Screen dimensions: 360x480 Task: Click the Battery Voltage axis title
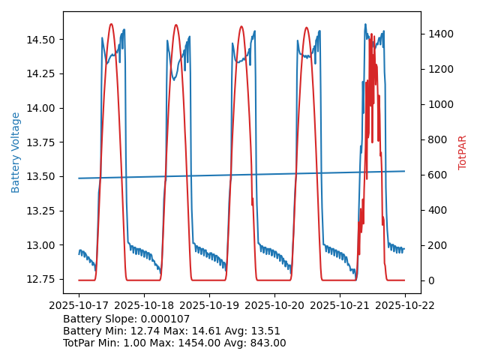16,152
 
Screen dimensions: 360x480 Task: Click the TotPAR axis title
463,152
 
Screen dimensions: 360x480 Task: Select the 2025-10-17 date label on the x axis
79,305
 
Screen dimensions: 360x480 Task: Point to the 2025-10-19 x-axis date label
209,305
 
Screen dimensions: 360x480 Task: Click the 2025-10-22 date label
405,305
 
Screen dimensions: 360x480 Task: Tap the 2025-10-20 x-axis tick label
274,305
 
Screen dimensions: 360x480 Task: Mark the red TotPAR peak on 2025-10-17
111,24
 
